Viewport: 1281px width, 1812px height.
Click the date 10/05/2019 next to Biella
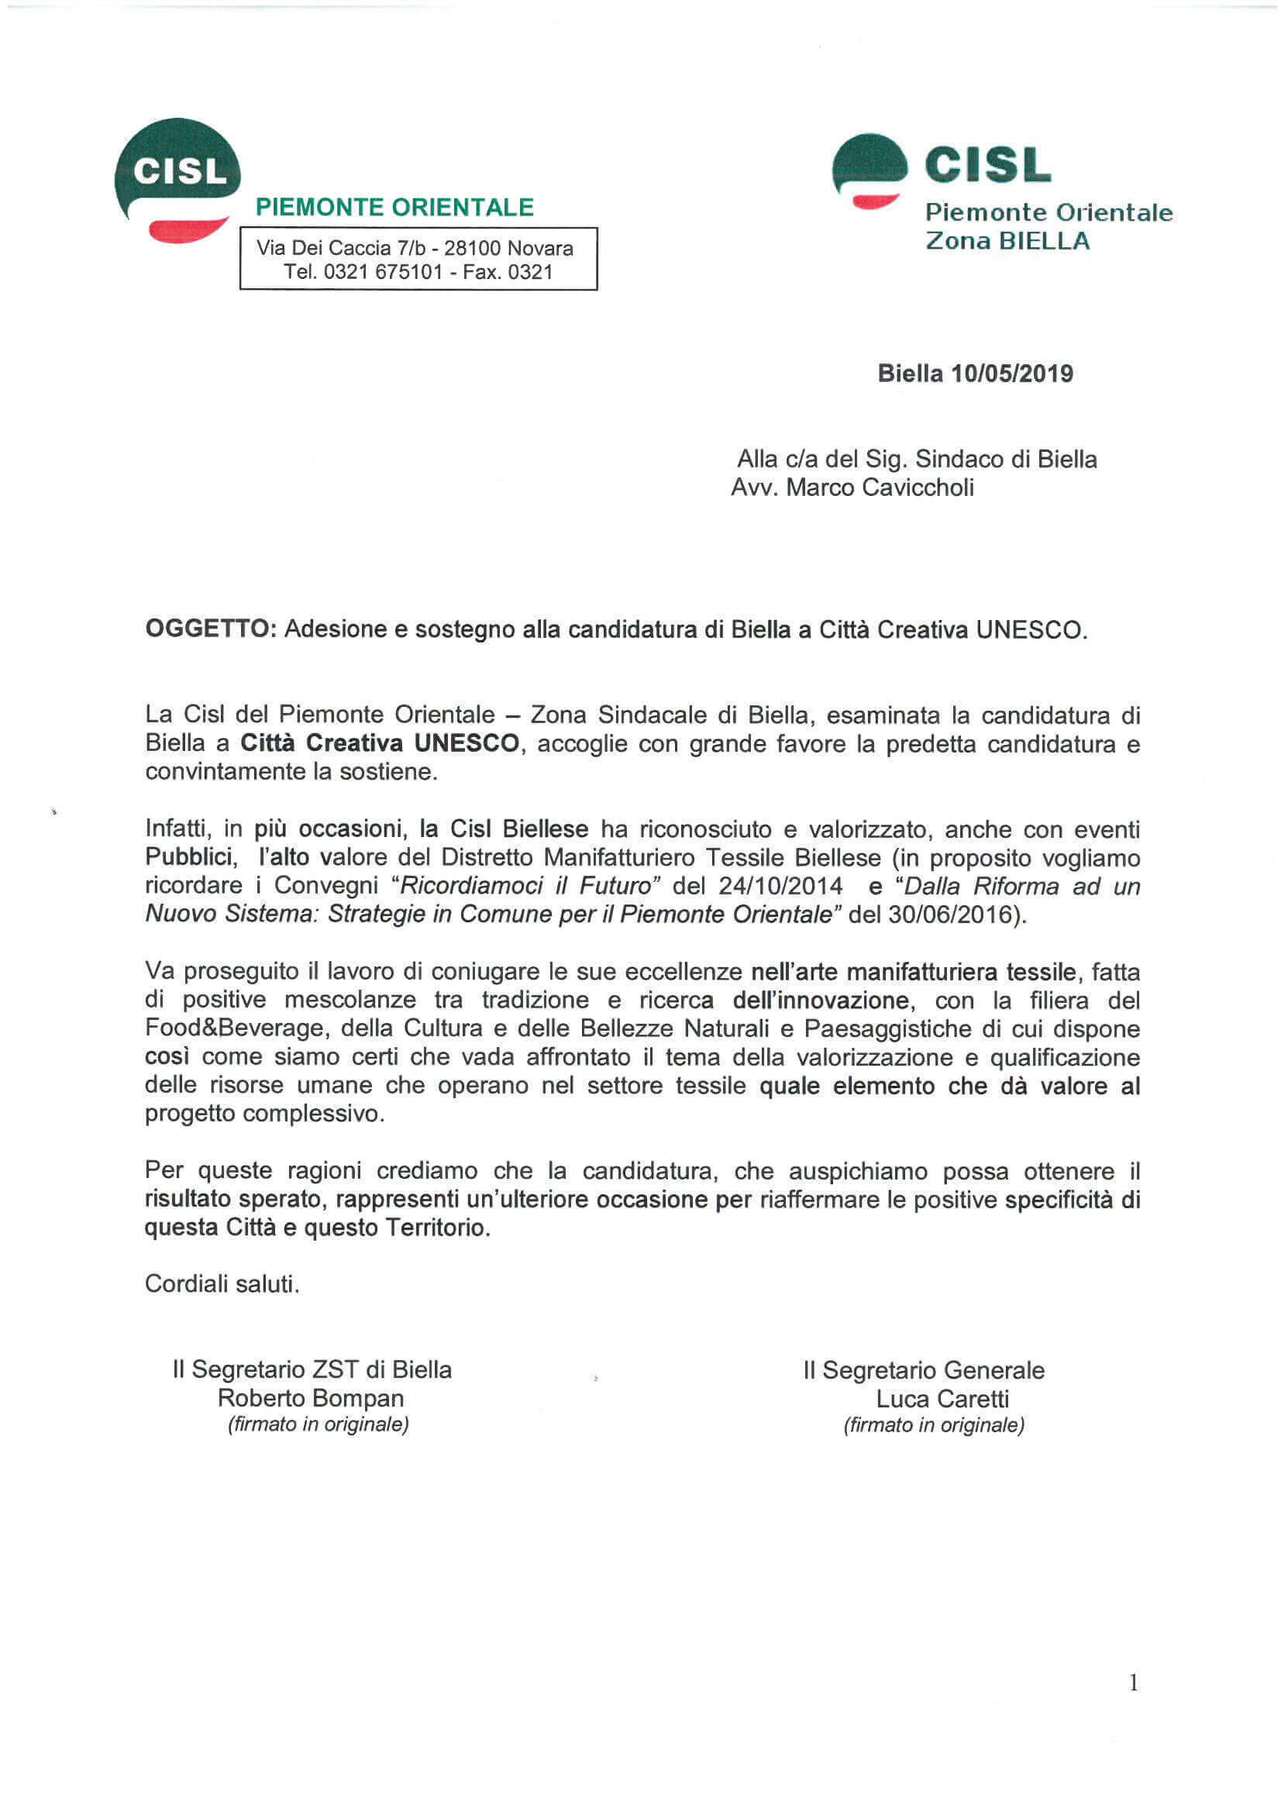(x=1012, y=374)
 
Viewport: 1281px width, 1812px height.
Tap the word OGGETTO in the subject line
(x=208, y=629)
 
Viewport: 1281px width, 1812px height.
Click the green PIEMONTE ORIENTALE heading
(x=394, y=208)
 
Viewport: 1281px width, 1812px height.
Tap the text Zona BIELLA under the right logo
(x=1007, y=241)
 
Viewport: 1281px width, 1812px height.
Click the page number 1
(x=1134, y=1683)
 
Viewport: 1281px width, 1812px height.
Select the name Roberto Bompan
(x=311, y=1398)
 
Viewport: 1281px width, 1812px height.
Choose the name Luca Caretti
(x=942, y=1399)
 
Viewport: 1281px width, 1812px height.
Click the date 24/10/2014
(x=780, y=886)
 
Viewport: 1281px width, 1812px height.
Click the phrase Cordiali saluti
(x=222, y=1284)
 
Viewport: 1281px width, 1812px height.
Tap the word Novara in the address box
(x=540, y=248)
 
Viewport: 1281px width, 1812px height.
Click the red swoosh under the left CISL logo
(x=187, y=229)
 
